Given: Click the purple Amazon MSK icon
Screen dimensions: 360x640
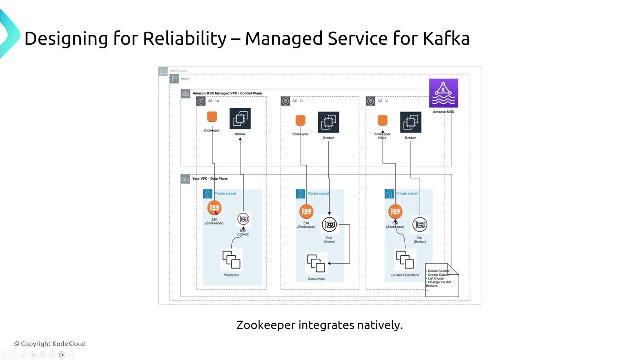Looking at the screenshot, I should click(x=443, y=93).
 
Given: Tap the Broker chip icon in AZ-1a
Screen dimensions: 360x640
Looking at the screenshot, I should click(x=240, y=119).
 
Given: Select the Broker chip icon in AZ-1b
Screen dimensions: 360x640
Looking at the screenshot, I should click(x=328, y=122).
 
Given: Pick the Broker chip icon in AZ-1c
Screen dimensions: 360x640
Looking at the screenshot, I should click(x=410, y=122).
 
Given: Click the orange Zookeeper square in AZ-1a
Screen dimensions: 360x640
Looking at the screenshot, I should click(x=212, y=117).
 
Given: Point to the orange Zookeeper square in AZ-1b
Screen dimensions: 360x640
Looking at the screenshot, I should click(x=300, y=121).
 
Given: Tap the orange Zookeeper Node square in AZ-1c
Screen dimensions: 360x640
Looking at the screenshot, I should click(x=382, y=121).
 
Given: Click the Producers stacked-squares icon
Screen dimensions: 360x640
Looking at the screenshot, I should click(x=231, y=260).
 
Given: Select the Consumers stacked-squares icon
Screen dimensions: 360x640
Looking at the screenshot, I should click(x=316, y=263).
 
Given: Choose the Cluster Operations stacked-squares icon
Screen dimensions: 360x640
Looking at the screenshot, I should click(x=405, y=260).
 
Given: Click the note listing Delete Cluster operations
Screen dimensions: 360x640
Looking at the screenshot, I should click(x=441, y=280).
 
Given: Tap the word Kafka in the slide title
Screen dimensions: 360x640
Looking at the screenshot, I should click(x=446, y=38).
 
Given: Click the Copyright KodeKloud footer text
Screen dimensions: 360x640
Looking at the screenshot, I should click(x=50, y=344).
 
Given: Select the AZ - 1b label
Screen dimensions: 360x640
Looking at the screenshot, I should click(x=298, y=101).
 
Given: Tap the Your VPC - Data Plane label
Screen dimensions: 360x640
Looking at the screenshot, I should click(x=210, y=178).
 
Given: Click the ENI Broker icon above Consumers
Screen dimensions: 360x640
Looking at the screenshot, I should click(x=329, y=225).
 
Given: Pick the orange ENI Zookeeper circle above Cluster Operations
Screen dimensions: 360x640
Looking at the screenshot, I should click(x=395, y=212).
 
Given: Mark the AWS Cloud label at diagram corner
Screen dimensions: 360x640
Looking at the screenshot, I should click(x=178, y=71).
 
